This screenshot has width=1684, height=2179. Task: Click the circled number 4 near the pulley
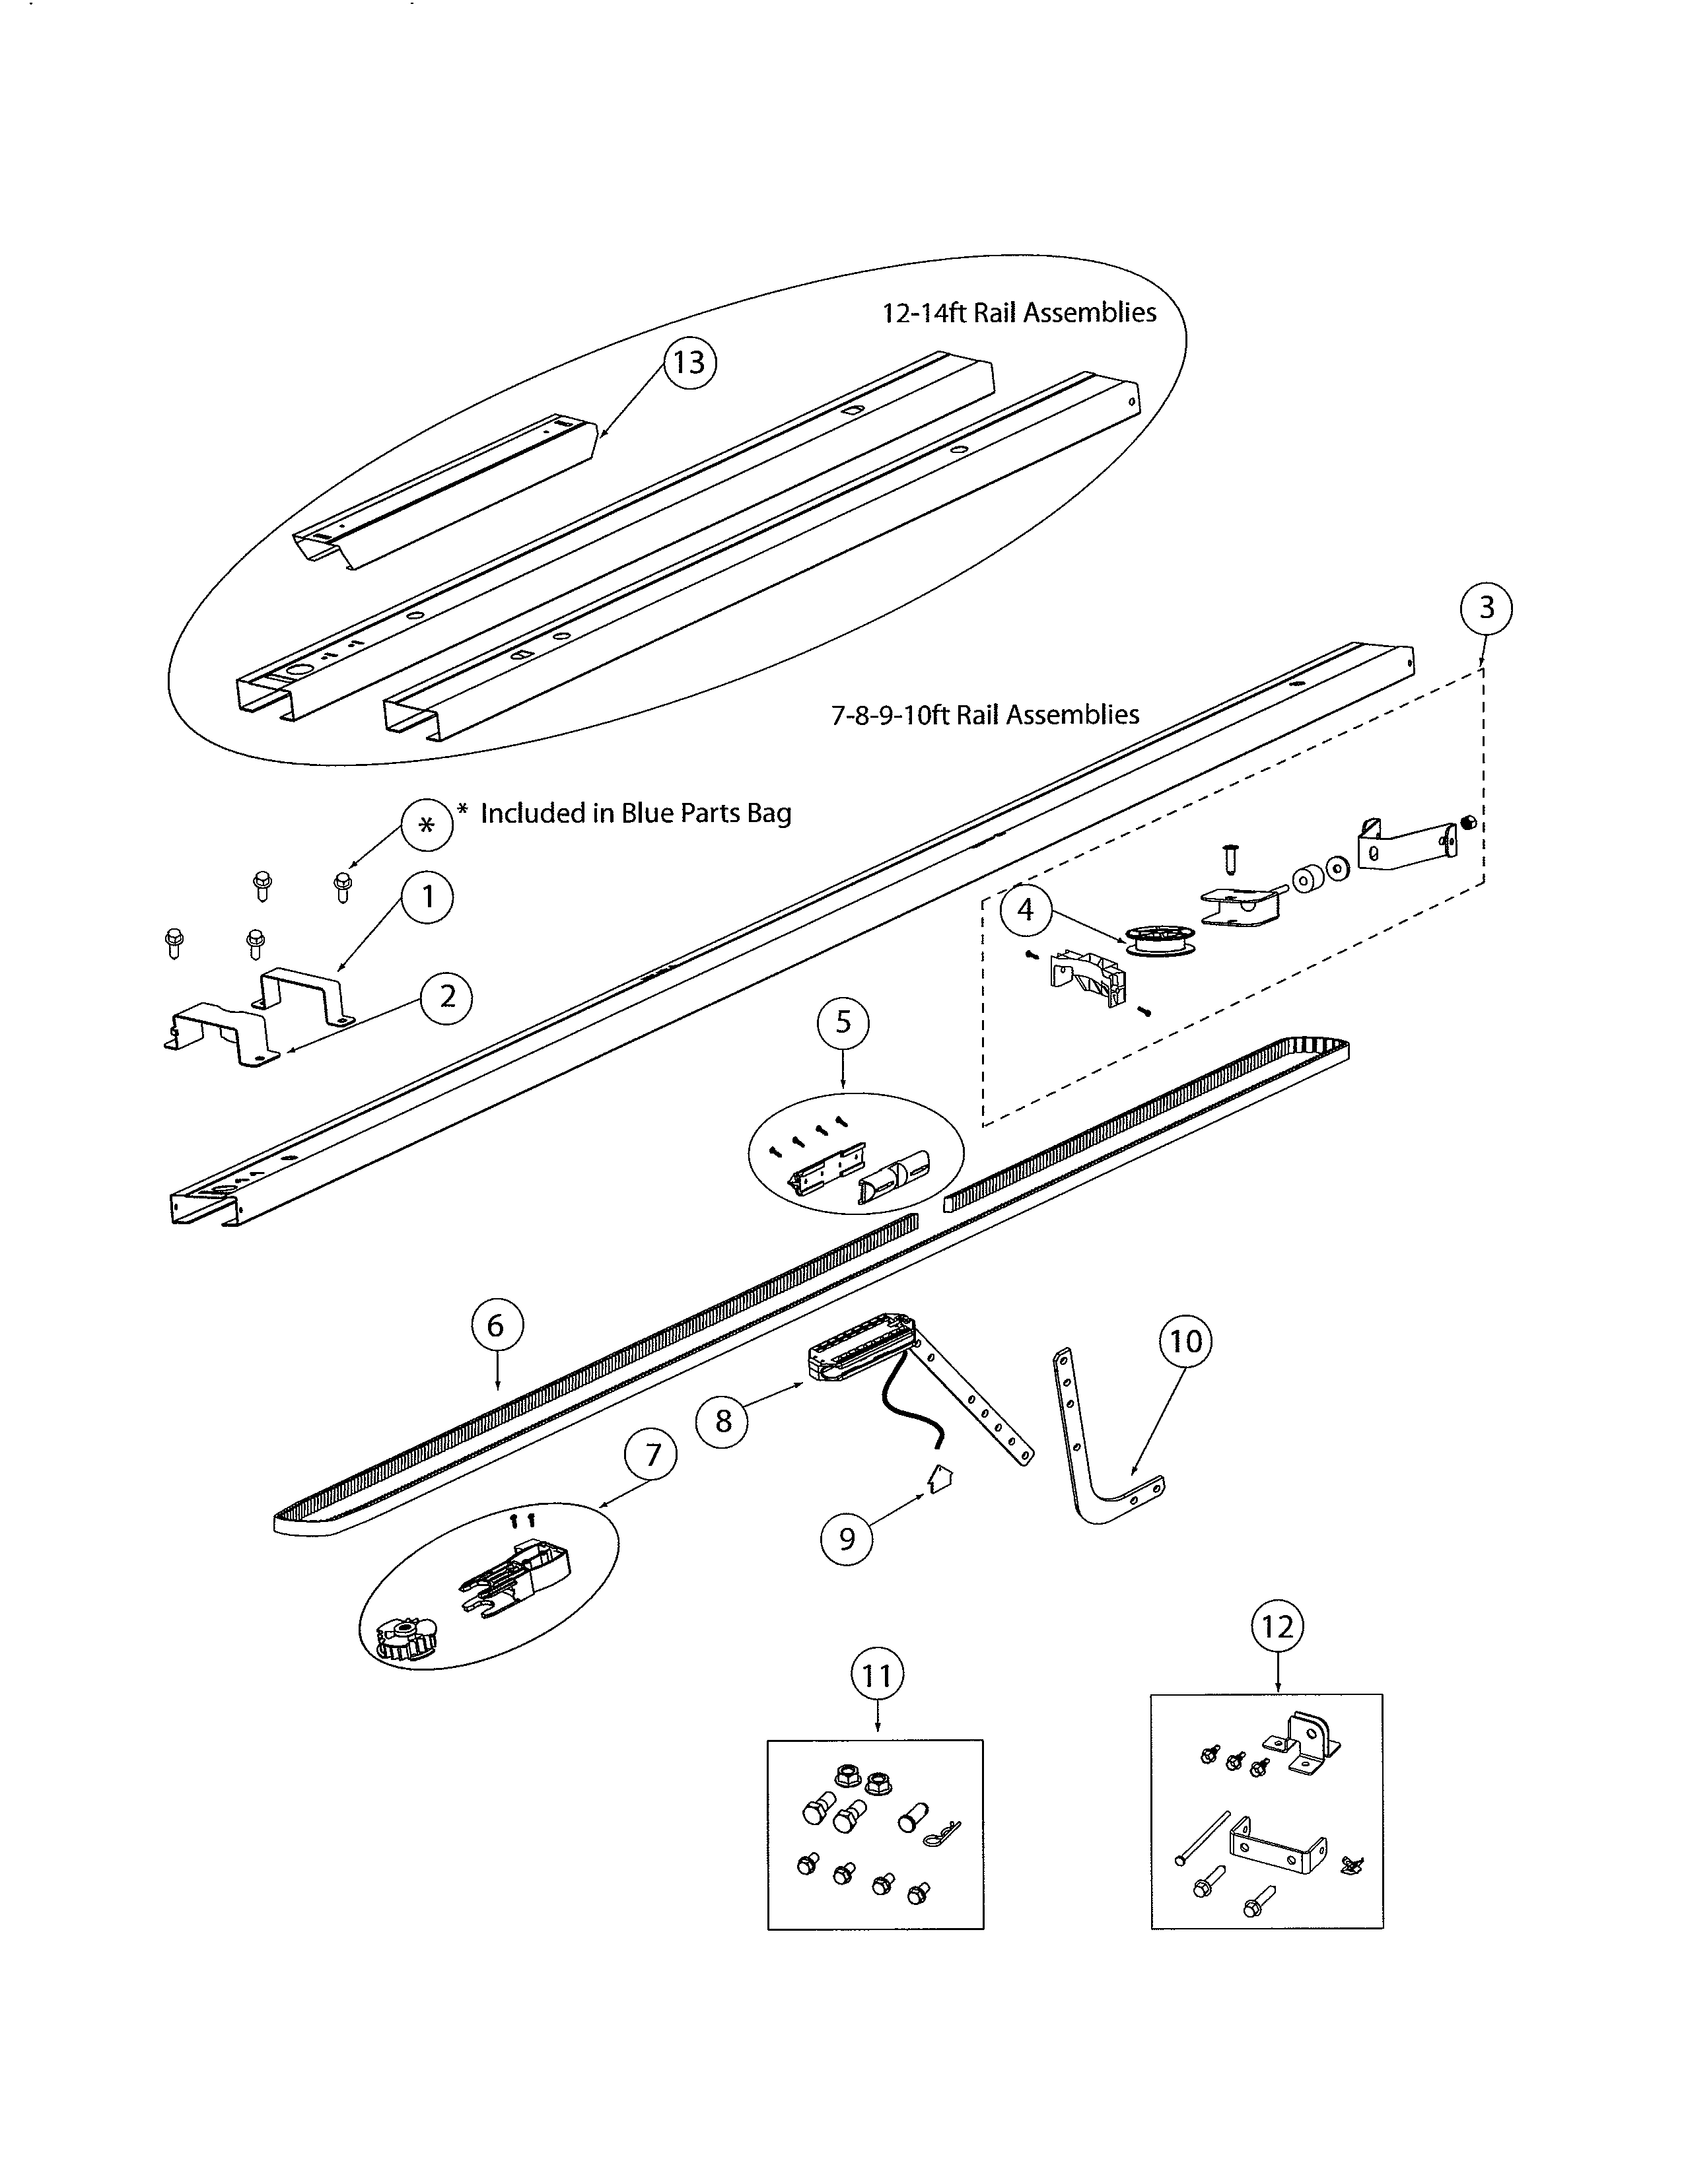coord(1024,910)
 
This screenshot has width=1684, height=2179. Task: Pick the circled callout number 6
coord(496,1326)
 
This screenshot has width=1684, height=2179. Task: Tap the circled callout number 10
coord(1185,1341)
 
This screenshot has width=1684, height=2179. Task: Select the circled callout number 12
coord(1277,1627)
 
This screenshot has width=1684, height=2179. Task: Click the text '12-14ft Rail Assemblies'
coord(1018,312)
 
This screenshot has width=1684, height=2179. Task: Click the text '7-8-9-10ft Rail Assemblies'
coord(985,714)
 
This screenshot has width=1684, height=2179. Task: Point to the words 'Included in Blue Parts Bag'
coord(635,813)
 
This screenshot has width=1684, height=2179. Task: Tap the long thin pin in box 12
coord(1204,1839)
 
